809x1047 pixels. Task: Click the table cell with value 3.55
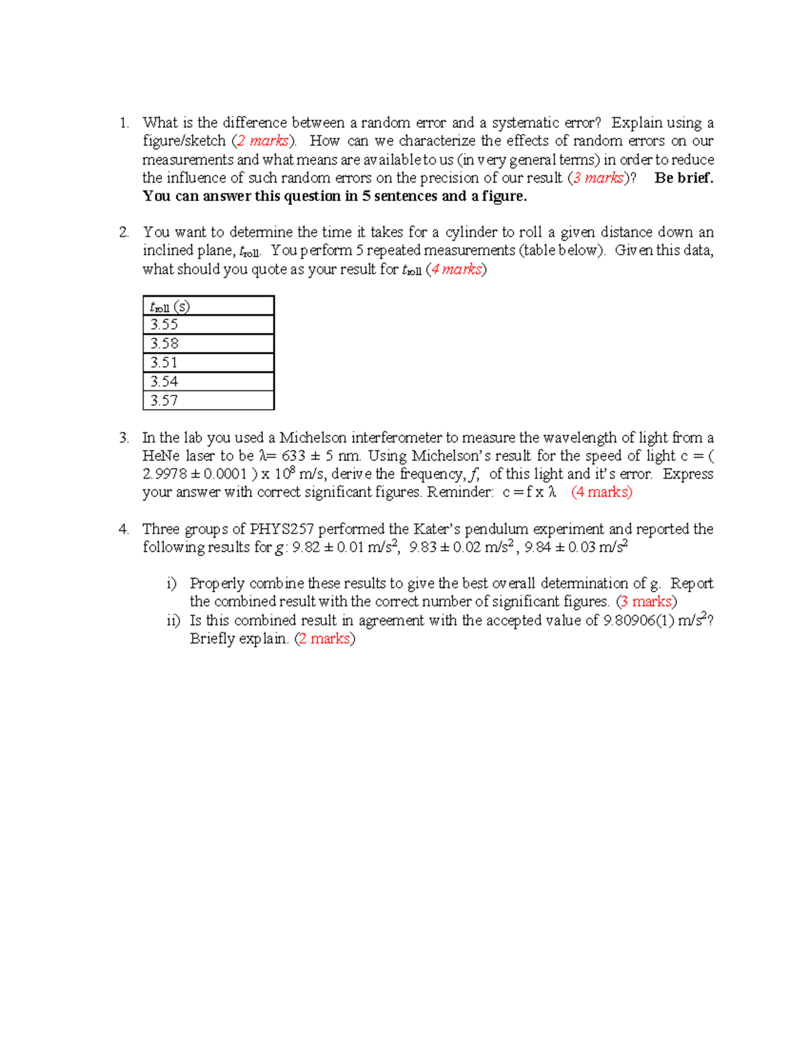point(208,325)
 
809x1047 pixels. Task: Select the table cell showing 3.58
point(208,344)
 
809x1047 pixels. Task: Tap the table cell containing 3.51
point(208,363)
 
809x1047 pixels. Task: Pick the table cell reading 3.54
point(208,382)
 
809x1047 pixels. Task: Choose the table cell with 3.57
point(208,400)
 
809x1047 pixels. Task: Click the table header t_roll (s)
point(208,307)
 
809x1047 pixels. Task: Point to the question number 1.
point(123,123)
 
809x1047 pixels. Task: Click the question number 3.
point(123,438)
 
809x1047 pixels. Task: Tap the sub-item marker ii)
point(173,620)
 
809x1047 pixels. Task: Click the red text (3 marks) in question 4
point(647,601)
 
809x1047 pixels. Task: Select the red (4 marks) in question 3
point(601,492)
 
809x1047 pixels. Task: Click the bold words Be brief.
point(684,178)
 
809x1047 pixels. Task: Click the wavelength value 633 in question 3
point(293,456)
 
